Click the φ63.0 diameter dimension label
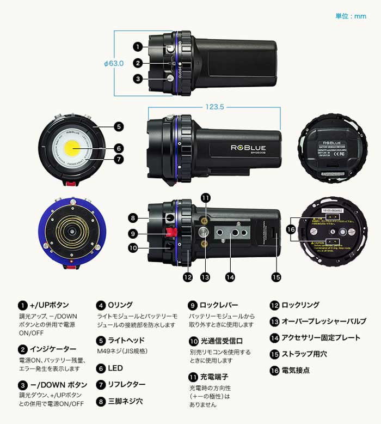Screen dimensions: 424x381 (x=114, y=63)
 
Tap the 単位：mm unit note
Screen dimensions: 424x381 (x=351, y=16)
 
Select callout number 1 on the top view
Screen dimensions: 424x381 (x=138, y=47)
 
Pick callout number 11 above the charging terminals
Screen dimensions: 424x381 (x=205, y=197)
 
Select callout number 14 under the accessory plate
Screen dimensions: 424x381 (x=230, y=277)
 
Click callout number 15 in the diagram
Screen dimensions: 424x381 (x=276, y=277)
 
